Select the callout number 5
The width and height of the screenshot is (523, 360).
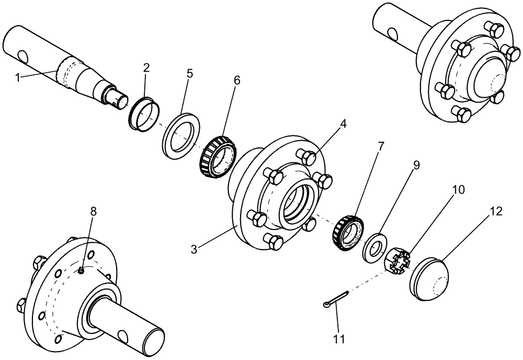pos(189,73)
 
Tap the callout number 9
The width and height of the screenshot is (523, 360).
pos(416,165)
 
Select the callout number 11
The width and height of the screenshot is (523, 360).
pos(339,339)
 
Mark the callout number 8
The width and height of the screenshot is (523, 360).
pos(93,211)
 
